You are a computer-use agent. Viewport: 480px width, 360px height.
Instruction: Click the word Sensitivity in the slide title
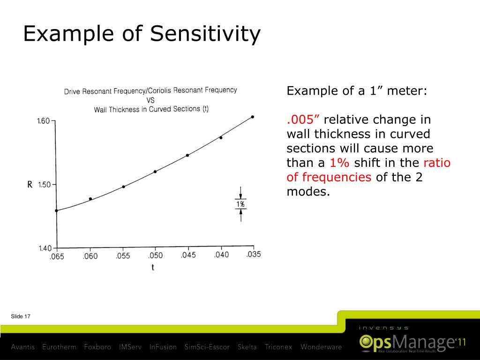click(206, 34)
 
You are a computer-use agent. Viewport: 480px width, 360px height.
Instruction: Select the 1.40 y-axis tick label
click(45, 248)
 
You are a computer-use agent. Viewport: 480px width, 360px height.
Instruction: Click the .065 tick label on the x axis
click(57, 256)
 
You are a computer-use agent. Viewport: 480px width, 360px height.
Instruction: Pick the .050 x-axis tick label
click(155, 255)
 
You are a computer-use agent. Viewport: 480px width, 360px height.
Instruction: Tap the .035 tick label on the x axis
click(253, 254)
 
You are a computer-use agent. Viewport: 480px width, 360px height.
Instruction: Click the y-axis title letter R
click(30, 185)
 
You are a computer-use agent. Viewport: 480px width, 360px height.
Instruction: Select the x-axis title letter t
click(153, 268)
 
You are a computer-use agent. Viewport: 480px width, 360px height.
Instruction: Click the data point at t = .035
click(253, 117)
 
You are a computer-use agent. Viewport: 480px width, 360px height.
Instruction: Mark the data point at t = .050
click(155, 172)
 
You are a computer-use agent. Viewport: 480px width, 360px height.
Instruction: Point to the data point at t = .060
click(90, 199)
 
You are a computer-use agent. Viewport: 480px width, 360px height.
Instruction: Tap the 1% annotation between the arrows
click(240, 204)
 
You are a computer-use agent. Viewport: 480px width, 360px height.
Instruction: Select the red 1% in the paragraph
click(339, 163)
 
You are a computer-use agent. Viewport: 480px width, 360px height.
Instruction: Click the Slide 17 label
click(21, 317)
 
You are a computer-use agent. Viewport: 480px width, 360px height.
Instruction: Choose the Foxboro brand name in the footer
click(97, 347)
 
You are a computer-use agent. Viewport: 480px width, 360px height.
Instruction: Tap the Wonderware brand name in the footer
click(321, 347)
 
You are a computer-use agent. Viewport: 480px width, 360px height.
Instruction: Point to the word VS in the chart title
click(150, 100)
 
